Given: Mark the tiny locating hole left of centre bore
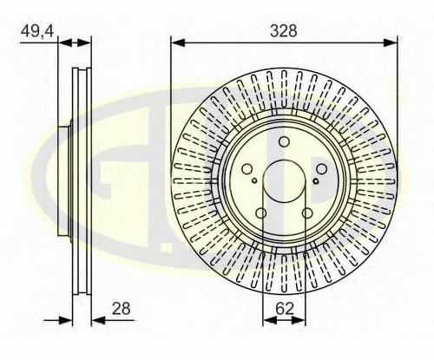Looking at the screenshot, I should pos(253,181).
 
